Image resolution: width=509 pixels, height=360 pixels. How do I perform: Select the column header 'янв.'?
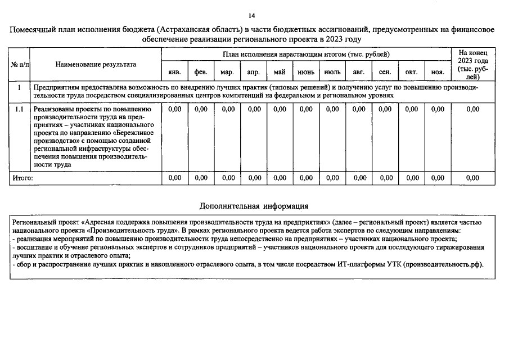[x=174, y=73]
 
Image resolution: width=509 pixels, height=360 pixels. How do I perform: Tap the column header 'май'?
[x=280, y=73]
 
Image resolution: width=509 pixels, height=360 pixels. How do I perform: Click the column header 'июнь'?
[x=305, y=73]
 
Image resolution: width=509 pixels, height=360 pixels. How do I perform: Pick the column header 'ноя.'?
[x=437, y=73]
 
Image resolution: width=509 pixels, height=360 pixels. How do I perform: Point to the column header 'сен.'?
[x=385, y=73]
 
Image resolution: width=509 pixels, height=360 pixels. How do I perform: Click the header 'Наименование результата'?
[x=96, y=65]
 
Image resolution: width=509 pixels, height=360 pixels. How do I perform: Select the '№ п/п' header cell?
[x=20, y=65]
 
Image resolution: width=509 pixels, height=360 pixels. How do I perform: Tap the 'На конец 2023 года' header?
[x=472, y=65]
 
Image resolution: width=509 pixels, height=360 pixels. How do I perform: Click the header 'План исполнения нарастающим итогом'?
[x=306, y=54]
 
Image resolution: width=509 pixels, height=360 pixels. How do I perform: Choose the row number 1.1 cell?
[x=19, y=109]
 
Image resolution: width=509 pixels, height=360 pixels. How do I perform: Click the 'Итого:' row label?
[x=23, y=178]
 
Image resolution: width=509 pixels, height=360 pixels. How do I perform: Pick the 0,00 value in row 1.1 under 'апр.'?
[x=253, y=109]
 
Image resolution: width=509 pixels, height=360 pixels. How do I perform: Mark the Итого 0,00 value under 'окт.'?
[x=412, y=178]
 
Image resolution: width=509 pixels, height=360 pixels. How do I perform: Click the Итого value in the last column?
[x=472, y=178]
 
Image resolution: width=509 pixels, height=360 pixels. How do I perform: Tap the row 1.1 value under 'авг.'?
[x=358, y=109]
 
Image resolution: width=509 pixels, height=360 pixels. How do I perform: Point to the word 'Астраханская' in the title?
[x=187, y=30]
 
